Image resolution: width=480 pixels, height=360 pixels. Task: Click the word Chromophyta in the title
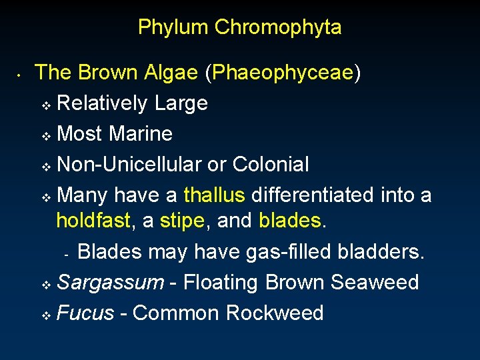(x=278, y=27)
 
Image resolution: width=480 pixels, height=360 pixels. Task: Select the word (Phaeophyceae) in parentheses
(x=283, y=73)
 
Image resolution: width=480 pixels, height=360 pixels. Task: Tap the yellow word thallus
(x=215, y=195)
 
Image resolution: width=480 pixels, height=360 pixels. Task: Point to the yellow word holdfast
(x=93, y=221)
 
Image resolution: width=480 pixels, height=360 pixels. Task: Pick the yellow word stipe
(x=181, y=221)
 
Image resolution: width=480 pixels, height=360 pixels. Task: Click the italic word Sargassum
(x=110, y=283)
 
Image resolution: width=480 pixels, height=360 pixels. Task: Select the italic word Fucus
(x=85, y=313)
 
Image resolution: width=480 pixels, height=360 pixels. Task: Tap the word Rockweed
(x=275, y=313)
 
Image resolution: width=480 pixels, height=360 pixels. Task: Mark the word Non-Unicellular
(x=139, y=164)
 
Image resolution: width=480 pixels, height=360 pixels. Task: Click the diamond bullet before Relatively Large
(x=46, y=105)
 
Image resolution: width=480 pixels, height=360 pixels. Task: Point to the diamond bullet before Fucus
(x=46, y=315)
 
